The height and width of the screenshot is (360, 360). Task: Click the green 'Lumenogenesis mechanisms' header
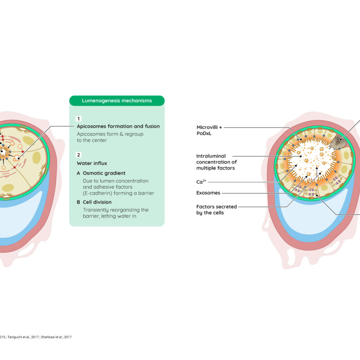pos(117,101)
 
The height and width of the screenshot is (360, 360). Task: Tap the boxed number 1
pos(78,119)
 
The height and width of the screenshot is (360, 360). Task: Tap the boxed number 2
pos(78,155)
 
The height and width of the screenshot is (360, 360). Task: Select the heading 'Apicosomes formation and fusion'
pos(118,126)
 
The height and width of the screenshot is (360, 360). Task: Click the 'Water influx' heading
pos(92,163)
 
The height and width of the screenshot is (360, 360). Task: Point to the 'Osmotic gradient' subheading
pos(104,173)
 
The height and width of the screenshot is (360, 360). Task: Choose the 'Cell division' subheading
pos(97,202)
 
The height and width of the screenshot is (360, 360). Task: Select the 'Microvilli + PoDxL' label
pos(209,130)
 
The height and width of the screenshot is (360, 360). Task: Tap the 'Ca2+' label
pos(201,182)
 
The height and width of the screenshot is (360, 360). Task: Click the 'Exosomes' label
pos(208,193)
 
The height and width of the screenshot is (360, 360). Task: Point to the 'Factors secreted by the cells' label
pos(216,210)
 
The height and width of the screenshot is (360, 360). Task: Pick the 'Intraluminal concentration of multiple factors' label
pos(216,162)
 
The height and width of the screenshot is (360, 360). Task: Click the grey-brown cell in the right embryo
pos(338,142)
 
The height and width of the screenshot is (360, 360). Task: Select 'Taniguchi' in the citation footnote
pos(15,337)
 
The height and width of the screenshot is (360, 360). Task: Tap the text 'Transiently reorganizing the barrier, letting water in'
pos(116,213)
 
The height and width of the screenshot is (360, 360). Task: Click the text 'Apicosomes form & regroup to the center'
pos(110,137)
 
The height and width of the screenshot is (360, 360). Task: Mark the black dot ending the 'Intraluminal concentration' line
pos(301,156)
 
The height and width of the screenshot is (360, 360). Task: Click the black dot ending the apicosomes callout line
pos(18,158)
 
